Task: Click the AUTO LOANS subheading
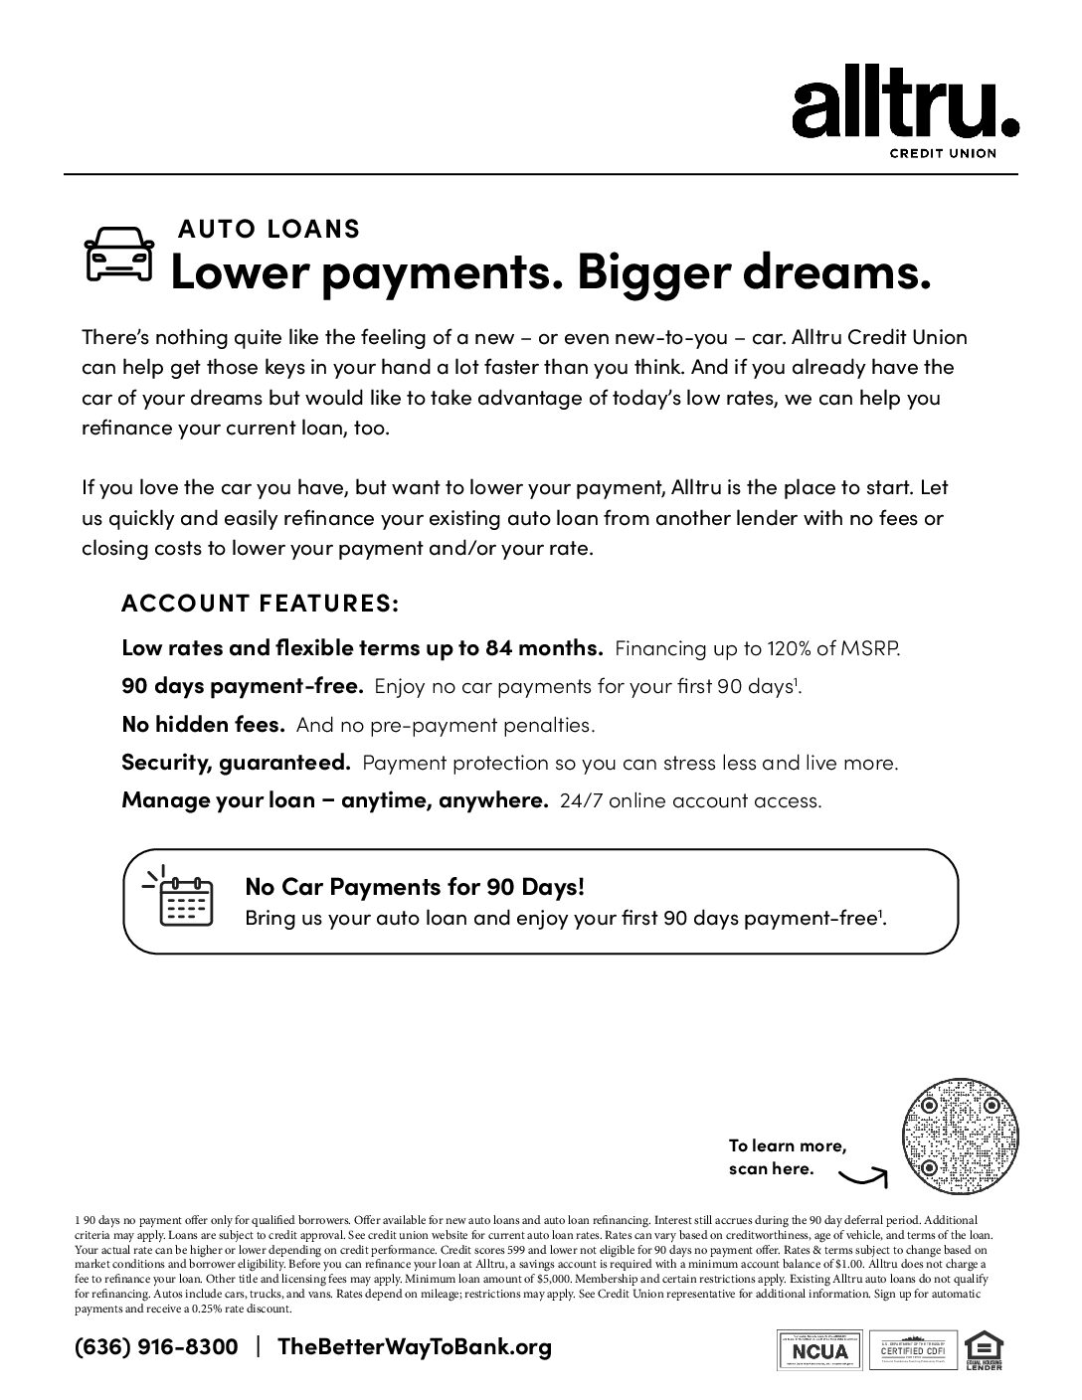pyautogui.click(x=269, y=229)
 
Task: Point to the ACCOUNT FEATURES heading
pyautogui.click(x=261, y=604)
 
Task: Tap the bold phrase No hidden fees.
pyautogui.click(x=203, y=725)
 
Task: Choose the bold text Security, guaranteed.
pyautogui.click(x=236, y=763)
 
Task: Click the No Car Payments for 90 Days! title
pyautogui.click(x=415, y=886)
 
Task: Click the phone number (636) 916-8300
pyautogui.click(x=156, y=1347)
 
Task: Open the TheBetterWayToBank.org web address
pyautogui.click(x=414, y=1347)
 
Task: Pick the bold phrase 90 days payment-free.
pyautogui.click(x=243, y=686)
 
